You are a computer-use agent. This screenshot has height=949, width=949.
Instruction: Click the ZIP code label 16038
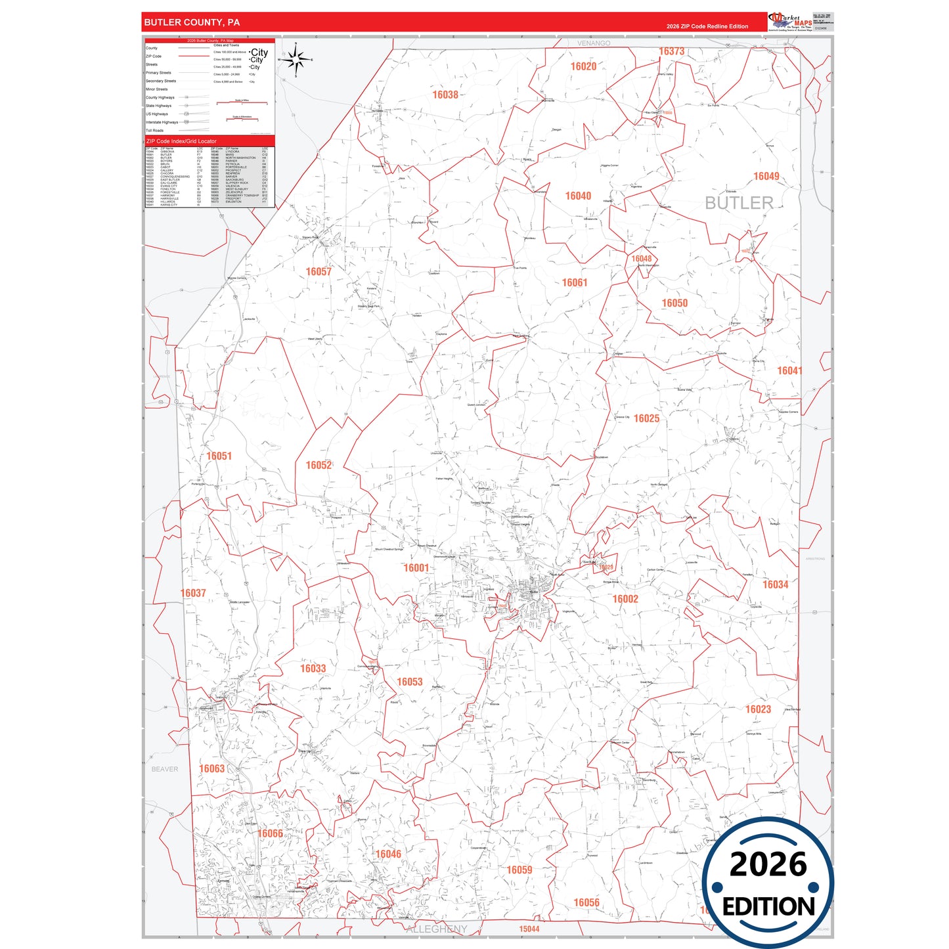click(445, 95)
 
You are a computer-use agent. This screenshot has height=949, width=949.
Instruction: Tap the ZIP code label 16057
click(319, 271)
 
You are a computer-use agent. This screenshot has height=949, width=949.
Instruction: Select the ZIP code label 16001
click(416, 567)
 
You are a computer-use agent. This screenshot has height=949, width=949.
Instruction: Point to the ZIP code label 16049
click(766, 176)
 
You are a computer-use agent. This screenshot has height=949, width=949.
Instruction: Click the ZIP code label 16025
click(646, 418)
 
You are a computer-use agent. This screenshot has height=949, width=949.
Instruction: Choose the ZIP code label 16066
click(270, 833)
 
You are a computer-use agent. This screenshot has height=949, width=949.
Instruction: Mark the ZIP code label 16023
click(758, 709)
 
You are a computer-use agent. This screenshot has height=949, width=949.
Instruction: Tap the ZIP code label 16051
click(219, 456)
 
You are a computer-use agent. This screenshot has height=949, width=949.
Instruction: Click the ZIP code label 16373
click(671, 51)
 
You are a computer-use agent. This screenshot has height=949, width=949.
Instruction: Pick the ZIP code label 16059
click(519, 870)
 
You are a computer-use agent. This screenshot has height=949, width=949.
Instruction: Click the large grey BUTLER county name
click(739, 203)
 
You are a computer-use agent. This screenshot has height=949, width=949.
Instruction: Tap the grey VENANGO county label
click(594, 43)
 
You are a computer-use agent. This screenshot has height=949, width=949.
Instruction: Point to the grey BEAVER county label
click(164, 769)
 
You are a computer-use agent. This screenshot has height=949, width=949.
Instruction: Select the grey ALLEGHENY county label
click(437, 929)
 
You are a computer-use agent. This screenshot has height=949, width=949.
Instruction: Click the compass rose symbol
click(297, 60)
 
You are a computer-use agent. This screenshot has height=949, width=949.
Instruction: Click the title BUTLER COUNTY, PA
click(192, 22)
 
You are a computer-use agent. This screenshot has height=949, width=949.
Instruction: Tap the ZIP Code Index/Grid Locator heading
click(181, 141)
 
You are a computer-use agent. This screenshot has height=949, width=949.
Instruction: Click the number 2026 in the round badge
click(768, 864)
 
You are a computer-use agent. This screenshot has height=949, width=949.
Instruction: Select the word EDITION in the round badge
click(768, 906)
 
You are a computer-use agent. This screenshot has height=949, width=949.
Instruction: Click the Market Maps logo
click(789, 22)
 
